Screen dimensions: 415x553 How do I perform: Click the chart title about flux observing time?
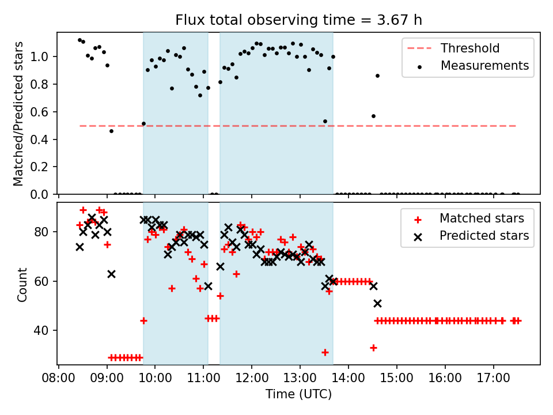298,20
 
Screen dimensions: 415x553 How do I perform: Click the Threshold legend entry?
470,48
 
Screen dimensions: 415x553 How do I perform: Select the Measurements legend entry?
484,66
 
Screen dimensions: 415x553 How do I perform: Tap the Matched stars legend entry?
482,218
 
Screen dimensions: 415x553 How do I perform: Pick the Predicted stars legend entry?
484,236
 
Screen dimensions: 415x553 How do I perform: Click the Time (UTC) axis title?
298,395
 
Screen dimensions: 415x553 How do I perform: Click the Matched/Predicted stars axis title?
19,114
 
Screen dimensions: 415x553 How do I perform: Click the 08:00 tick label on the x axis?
58,380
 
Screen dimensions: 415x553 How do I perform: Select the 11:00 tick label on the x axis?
203,380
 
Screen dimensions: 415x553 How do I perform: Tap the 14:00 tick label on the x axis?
349,380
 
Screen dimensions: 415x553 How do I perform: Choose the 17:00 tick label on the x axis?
494,380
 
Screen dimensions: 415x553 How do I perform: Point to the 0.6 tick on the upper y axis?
44,112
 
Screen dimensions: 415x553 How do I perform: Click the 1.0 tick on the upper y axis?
44,56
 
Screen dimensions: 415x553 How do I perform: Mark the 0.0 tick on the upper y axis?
44,194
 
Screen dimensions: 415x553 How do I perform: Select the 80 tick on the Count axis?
46,232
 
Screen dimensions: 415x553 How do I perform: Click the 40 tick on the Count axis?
46,330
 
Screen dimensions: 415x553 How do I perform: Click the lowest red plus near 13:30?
325,352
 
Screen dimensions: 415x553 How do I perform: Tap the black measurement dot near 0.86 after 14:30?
377,76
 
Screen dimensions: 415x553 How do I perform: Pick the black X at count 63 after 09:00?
111,274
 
